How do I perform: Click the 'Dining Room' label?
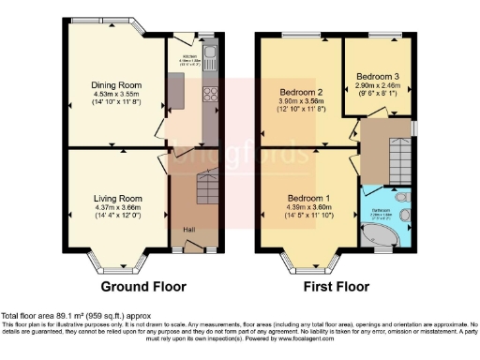coord(115,83)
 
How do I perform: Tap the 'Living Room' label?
coord(116,198)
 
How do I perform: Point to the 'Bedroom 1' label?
coord(307,198)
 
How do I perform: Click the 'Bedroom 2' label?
coord(301,92)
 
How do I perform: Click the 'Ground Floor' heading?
coord(143,287)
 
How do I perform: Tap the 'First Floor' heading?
coord(335,287)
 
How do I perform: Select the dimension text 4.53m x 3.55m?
coord(115,94)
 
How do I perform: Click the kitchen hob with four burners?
coord(210,95)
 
